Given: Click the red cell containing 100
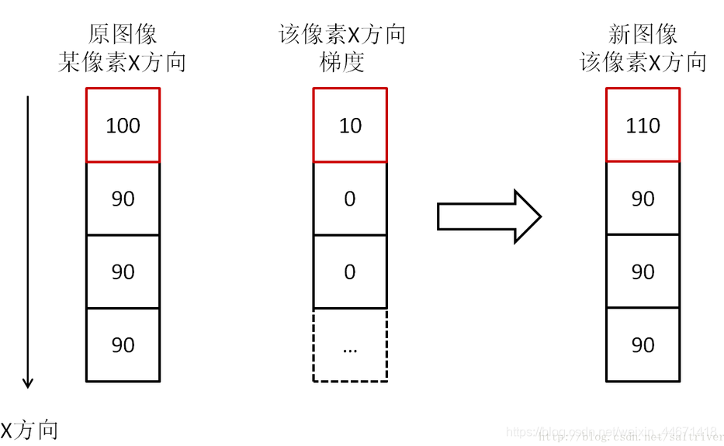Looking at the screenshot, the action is (123, 125).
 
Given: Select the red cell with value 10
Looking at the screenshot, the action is (349, 125).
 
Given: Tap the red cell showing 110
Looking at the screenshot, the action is (643, 125).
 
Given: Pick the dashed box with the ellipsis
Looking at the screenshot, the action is (349, 345).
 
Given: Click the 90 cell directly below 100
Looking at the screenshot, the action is (123, 199).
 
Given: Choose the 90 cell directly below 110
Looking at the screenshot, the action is (643, 199).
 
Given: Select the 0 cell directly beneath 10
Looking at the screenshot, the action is (349, 199).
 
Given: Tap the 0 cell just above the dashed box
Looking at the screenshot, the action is (349, 271).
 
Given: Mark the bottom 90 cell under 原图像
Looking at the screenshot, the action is (123, 345).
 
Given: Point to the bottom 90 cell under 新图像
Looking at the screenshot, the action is (643, 345).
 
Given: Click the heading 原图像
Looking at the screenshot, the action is (123, 34).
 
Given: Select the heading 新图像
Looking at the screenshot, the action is (643, 34).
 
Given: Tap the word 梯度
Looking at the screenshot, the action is (341, 62).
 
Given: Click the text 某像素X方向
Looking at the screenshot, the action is (123, 62).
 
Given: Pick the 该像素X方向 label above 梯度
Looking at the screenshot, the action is (341, 34).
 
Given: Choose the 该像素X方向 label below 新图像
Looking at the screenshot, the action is (643, 62).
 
